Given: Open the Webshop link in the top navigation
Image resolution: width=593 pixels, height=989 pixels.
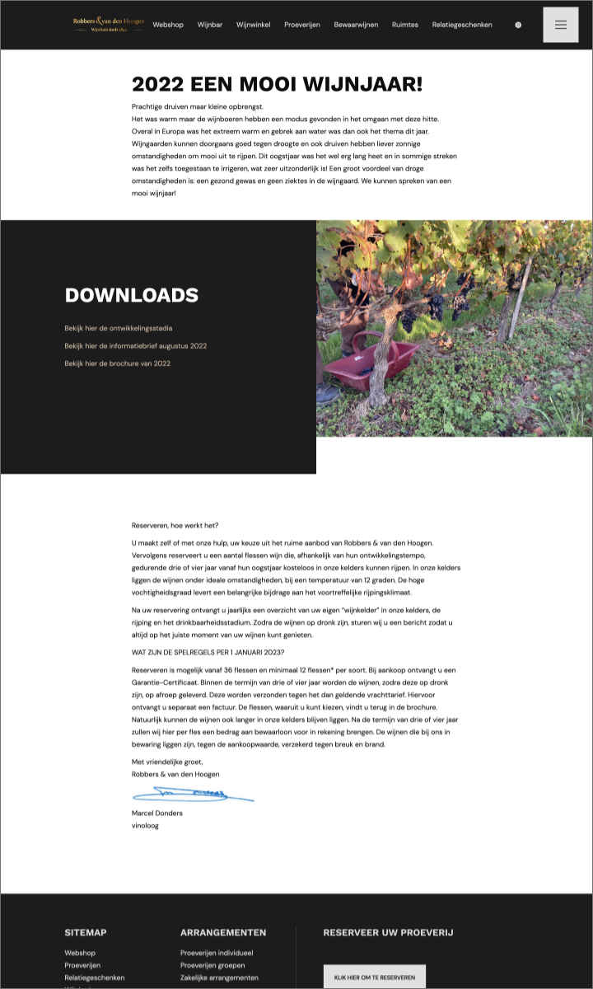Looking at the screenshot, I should (x=168, y=25).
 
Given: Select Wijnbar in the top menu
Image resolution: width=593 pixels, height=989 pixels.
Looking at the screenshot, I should (x=210, y=25).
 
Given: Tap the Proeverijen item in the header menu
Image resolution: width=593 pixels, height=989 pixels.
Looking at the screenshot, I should (x=302, y=25).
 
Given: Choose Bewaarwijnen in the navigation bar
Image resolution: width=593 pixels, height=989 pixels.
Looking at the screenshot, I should (x=356, y=25).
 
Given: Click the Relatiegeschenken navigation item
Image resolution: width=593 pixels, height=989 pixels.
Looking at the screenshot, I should (x=462, y=25).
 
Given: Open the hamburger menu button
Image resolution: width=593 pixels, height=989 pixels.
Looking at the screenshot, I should (x=561, y=25).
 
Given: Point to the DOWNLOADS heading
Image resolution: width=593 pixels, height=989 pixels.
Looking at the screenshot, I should (x=132, y=295).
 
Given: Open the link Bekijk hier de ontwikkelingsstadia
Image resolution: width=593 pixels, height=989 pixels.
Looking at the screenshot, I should (x=119, y=328).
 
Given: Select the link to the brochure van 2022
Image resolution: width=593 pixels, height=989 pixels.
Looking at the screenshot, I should (x=118, y=363).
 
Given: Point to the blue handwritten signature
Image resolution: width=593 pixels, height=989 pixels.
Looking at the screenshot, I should (x=193, y=794).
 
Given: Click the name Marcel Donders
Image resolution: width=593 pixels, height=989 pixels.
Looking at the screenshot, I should (x=157, y=813).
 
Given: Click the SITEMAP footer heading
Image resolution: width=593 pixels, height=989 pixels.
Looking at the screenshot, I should (x=86, y=932).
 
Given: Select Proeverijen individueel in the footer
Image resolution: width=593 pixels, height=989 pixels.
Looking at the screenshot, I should (x=217, y=953).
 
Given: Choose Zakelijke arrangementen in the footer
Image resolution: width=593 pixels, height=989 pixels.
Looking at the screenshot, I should (x=219, y=977).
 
